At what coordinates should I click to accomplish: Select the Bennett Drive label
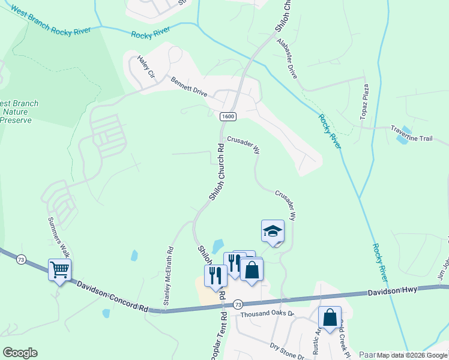(x=188, y=87)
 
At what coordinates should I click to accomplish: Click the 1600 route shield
(x=227, y=116)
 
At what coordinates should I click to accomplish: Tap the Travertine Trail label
(x=429, y=139)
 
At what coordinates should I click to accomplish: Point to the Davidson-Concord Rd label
(x=112, y=293)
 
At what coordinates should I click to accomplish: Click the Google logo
(x=20, y=352)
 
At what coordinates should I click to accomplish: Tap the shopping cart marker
(x=59, y=270)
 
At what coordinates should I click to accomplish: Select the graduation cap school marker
(x=273, y=231)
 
